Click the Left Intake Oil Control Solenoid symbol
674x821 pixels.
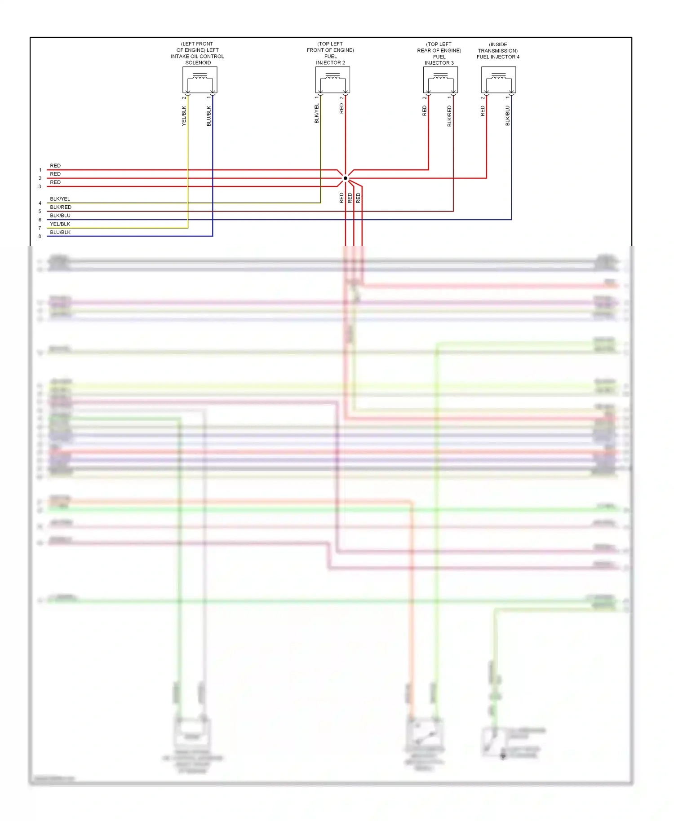click(x=200, y=80)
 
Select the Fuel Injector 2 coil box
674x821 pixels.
click(x=333, y=80)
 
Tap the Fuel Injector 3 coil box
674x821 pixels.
click(x=440, y=80)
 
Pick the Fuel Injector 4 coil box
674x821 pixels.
click(x=498, y=80)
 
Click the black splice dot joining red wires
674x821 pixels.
click(x=346, y=178)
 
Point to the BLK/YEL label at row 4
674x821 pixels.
click(x=60, y=199)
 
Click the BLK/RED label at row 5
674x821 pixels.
click(x=61, y=207)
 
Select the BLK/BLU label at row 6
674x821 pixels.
click(x=60, y=216)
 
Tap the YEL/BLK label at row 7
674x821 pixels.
click(x=60, y=224)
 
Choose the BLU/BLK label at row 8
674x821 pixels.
click(x=60, y=233)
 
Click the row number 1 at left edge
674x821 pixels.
click(x=40, y=170)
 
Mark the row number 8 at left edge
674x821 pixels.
click(x=40, y=237)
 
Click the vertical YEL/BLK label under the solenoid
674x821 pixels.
click(x=184, y=116)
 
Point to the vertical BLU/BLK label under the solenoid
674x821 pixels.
click(x=208, y=116)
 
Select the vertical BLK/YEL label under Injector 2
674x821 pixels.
click(x=317, y=114)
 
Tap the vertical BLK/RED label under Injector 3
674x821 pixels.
click(x=449, y=116)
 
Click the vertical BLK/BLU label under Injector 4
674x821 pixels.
click(x=508, y=115)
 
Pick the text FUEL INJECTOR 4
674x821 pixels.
click(x=498, y=57)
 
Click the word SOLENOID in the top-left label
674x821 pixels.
click(x=198, y=63)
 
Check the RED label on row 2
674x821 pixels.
click(x=55, y=174)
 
